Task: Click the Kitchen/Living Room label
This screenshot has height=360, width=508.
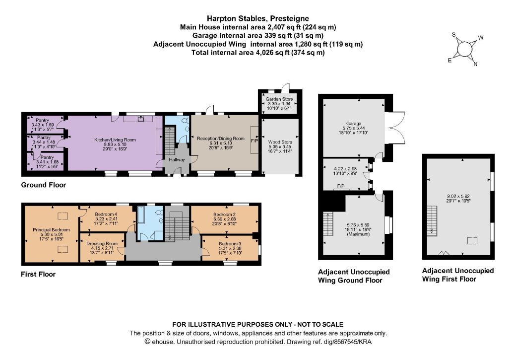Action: (115, 140)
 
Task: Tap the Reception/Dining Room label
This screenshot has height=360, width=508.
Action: (221, 139)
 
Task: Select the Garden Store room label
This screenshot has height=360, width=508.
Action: (279, 99)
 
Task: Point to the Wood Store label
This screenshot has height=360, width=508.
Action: (280, 142)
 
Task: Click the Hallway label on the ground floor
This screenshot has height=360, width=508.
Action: (177, 159)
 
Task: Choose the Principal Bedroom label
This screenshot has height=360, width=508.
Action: (51, 229)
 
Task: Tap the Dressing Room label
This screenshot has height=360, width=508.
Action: (102, 244)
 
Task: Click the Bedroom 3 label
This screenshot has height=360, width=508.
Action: (230, 244)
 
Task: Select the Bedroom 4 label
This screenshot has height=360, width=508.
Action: (106, 215)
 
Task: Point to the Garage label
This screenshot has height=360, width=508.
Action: (353, 124)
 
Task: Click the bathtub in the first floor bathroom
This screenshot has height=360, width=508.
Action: (141, 215)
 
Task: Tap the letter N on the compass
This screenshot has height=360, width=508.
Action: (475, 64)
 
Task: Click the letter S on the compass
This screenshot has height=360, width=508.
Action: (454, 35)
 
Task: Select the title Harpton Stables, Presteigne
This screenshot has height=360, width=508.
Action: (258, 18)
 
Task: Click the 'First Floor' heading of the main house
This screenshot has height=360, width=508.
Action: (38, 274)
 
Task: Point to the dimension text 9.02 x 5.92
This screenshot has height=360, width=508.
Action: (458, 196)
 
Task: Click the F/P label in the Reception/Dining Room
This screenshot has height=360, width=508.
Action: (254, 141)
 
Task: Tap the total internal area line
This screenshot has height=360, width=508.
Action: (258, 53)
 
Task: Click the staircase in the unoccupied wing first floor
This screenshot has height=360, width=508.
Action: (432, 221)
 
